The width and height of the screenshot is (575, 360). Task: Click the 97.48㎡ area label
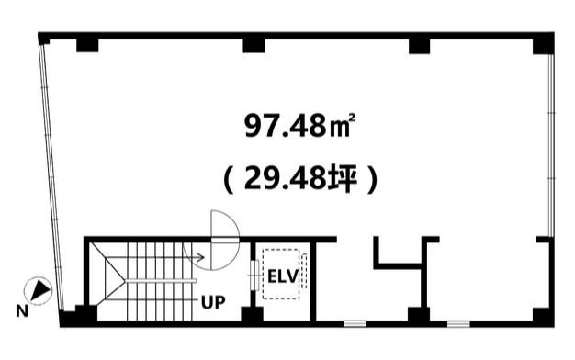point(299,126)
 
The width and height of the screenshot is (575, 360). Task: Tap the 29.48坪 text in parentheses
point(299,179)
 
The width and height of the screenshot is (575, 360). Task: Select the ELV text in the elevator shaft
point(283,276)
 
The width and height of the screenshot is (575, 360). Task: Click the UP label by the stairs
point(213,302)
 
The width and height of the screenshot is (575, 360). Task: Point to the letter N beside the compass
point(22,311)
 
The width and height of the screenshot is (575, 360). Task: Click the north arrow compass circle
point(38,290)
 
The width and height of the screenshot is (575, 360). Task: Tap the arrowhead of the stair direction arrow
point(201,257)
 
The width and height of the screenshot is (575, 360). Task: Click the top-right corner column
point(543,44)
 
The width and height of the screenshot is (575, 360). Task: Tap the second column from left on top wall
point(254,45)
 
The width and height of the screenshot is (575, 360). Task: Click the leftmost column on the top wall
point(87,45)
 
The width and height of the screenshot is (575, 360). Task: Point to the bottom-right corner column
point(543,317)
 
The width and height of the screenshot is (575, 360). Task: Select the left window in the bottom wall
point(355,323)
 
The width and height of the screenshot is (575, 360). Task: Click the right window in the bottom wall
point(458,323)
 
